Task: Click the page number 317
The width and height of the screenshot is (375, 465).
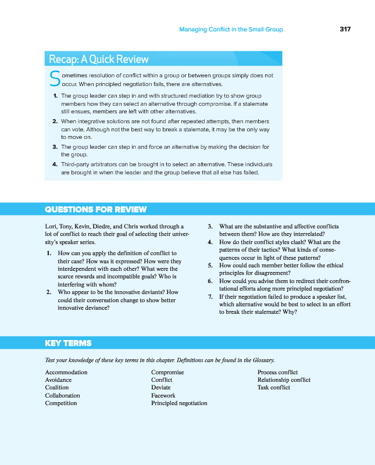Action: (x=345, y=29)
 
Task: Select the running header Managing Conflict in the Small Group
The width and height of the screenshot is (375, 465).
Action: (x=231, y=29)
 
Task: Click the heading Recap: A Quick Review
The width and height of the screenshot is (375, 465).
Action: (x=99, y=59)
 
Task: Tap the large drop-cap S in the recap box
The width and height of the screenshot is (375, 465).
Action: (x=55, y=79)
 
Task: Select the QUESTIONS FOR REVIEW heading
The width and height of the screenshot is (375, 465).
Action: (x=96, y=210)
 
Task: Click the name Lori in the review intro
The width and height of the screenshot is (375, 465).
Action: (x=51, y=227)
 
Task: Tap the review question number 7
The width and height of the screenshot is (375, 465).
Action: (x=210, y=297)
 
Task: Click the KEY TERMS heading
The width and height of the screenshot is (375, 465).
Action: (x=68, y=344)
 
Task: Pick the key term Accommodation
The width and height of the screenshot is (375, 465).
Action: (x=66, y=373)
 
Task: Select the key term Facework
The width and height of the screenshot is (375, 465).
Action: (x=163, y=395)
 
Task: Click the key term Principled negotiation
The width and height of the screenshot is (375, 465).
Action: (x=179, y=403)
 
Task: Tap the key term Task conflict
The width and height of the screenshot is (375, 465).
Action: (x=274, y=388)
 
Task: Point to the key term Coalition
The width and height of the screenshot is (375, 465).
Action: (x=57, y=388)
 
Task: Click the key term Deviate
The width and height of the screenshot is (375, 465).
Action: (x=161, y=388)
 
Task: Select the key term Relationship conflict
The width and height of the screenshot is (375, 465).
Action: (x=284, y=380)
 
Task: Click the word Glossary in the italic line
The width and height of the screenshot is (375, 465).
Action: (x=261, y=360)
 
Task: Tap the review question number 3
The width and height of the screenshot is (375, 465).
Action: (x=210, y=227)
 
